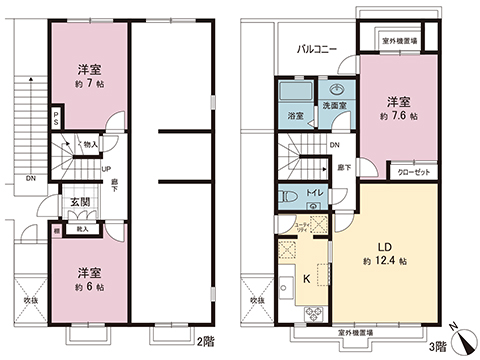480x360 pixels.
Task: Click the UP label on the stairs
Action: (x=105, y=169)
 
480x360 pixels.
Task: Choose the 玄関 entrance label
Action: (x=80, y=205)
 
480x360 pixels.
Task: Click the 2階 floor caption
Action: (x=207, y=343)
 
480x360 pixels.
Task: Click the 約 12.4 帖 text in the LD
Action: (x=382, y=262)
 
